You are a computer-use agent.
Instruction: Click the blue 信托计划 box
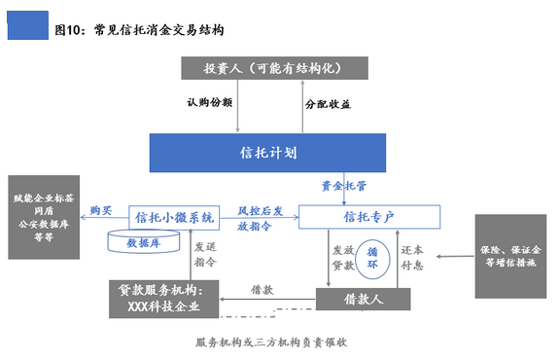click(x=267, y=153)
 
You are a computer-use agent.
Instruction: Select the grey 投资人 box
click(x=274, y=68)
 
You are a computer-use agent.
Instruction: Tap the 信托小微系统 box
click(x=174, y=217)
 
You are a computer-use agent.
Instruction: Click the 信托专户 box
click(x=369, y=217)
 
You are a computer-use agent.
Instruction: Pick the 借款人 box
click(x=364, y=300)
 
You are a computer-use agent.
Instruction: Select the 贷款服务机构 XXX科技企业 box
click(x=164, y=299)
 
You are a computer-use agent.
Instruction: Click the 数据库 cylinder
click(x=144, y=241)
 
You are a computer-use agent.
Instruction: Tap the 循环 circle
click(x=372, y=259)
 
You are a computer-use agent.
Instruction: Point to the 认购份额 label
click(x=210, y=102)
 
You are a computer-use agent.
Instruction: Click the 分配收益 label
click(x=328, y=104)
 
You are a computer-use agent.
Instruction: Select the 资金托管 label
click(x=344, y=186)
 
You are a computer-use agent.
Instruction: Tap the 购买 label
click(x=101, y=210)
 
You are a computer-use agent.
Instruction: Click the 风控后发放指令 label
click(x=261, y=218)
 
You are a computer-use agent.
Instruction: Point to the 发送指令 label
click(x=205, y=254)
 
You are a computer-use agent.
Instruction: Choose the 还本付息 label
click(x=412, y=258)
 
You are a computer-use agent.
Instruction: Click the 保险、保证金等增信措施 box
click(x=510, y=256)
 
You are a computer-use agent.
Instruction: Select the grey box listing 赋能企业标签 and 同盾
click(x=44, y=217)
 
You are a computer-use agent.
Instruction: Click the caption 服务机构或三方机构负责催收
click(x=271, y=342)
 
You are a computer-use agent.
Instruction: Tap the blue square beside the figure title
click(x=28, y=25)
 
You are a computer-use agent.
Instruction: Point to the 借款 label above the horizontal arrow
click(x=262, y=290)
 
